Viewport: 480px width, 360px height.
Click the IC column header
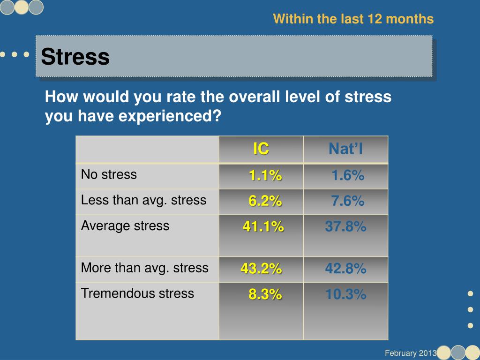pos(261,149)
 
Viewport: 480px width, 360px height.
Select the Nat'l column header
pos(346,149)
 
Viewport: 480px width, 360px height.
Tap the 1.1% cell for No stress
pos(265,176)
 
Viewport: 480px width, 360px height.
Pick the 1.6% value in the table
pos(348,176)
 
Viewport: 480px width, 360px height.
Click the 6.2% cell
pos(265,201)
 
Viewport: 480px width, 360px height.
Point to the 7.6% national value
pos(348,201)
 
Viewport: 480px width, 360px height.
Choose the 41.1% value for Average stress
pos(263,227)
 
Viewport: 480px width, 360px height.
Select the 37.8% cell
pos(346,227)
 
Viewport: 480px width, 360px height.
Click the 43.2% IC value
pos(262,269)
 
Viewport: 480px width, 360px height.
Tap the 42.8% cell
pos(346,269)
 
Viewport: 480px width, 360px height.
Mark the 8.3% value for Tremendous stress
pos(265,294)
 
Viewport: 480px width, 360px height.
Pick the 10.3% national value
pos(346,294)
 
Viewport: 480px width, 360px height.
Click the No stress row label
pos(109,175)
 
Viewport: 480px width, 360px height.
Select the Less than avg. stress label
pos(143,200)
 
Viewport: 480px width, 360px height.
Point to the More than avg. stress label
pos(144,268)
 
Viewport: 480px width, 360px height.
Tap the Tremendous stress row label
pos(137,293)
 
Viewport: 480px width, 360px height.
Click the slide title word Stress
pos(75,57)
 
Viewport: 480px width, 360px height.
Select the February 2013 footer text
pos(411,353)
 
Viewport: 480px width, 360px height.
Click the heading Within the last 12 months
pos(353,19)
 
